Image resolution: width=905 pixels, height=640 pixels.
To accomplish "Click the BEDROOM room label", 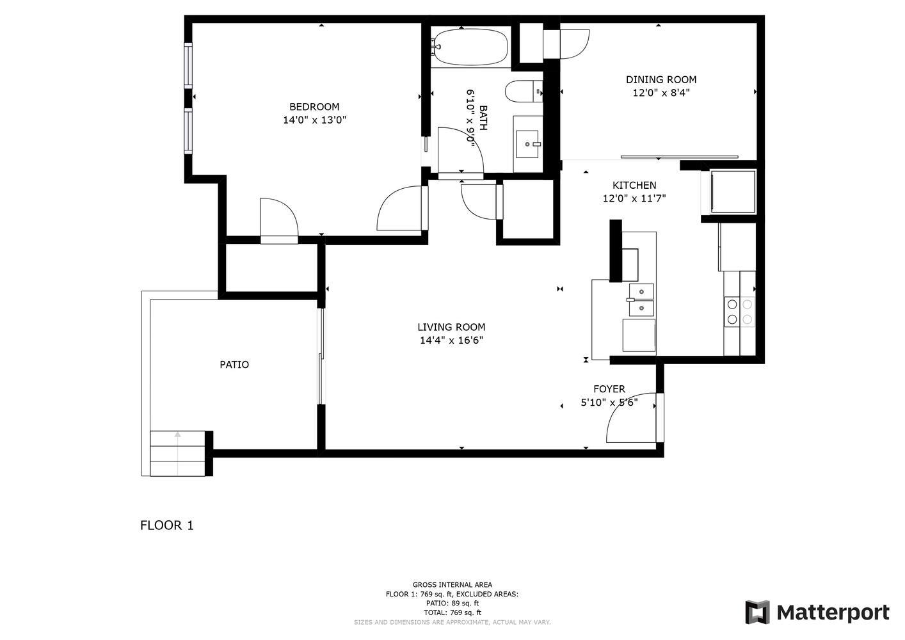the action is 314,107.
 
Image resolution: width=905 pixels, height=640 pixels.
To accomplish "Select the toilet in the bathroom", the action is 524,91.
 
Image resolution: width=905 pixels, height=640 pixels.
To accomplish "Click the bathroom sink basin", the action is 527,144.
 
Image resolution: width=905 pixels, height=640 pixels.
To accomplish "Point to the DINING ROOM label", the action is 661,79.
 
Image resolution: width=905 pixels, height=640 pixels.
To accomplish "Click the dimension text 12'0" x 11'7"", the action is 634,198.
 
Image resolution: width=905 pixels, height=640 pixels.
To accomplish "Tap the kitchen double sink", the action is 641,300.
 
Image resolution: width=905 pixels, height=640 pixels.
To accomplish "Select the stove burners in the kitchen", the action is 739,312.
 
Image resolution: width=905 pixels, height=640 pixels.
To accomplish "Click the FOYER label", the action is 609,389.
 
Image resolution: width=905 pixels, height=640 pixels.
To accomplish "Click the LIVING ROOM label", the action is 451,327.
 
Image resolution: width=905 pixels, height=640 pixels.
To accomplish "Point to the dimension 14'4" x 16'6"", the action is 451,340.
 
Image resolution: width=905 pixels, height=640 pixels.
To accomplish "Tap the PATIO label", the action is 234,364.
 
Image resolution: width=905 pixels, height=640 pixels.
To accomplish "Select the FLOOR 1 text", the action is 167,525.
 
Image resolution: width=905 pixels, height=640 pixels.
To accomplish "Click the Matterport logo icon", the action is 757,612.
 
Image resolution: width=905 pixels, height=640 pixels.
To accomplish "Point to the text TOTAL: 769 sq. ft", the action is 452,613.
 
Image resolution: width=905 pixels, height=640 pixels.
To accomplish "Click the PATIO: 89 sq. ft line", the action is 452,604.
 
